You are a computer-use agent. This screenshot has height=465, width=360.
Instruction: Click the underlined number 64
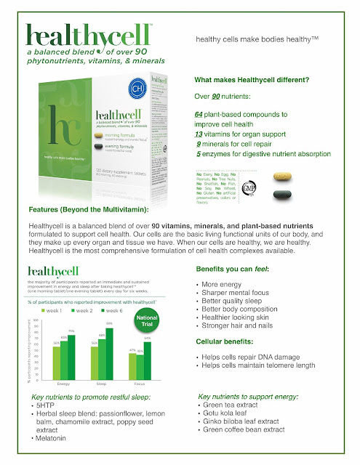tap(199, 115)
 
